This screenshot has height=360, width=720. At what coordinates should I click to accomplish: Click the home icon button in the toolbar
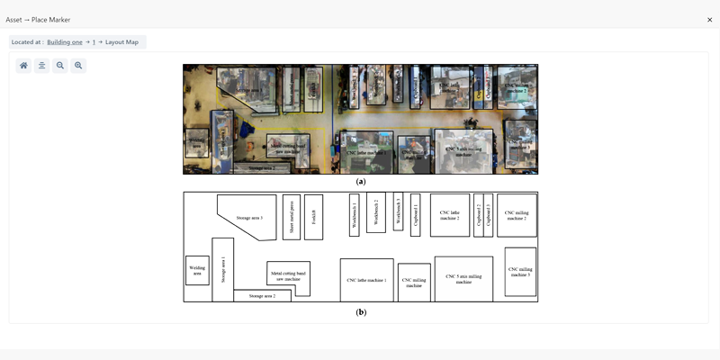tap(23, 66)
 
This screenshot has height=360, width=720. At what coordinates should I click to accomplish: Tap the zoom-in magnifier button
tap(78, 66)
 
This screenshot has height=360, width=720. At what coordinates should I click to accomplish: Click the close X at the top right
tap(709, 19)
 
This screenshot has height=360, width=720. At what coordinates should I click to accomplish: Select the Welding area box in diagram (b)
tap(196, 269)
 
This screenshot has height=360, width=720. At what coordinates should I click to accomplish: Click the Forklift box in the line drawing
tap(313, 217)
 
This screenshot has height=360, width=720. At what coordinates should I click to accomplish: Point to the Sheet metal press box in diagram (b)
tap(292, 217)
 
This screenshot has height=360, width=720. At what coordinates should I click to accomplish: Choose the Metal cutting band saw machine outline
tap(289, 277)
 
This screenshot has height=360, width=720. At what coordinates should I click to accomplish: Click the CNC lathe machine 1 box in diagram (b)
tap(366, 280)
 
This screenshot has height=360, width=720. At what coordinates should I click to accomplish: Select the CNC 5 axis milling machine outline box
tap(463, 278)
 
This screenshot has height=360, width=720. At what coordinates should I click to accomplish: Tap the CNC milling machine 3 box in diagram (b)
tap(520, 271)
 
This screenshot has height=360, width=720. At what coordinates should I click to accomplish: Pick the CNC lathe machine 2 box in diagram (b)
tap(450, 215)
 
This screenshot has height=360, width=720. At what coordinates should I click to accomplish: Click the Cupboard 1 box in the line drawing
tap(415, 215)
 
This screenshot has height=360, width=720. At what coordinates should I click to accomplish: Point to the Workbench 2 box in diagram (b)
tap(375, 212)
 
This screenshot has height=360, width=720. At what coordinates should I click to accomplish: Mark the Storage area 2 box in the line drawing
tap(262, 295)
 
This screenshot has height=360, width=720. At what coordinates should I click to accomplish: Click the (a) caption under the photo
tap(361, 181)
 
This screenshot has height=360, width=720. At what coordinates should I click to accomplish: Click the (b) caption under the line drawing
tap(361, 312)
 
